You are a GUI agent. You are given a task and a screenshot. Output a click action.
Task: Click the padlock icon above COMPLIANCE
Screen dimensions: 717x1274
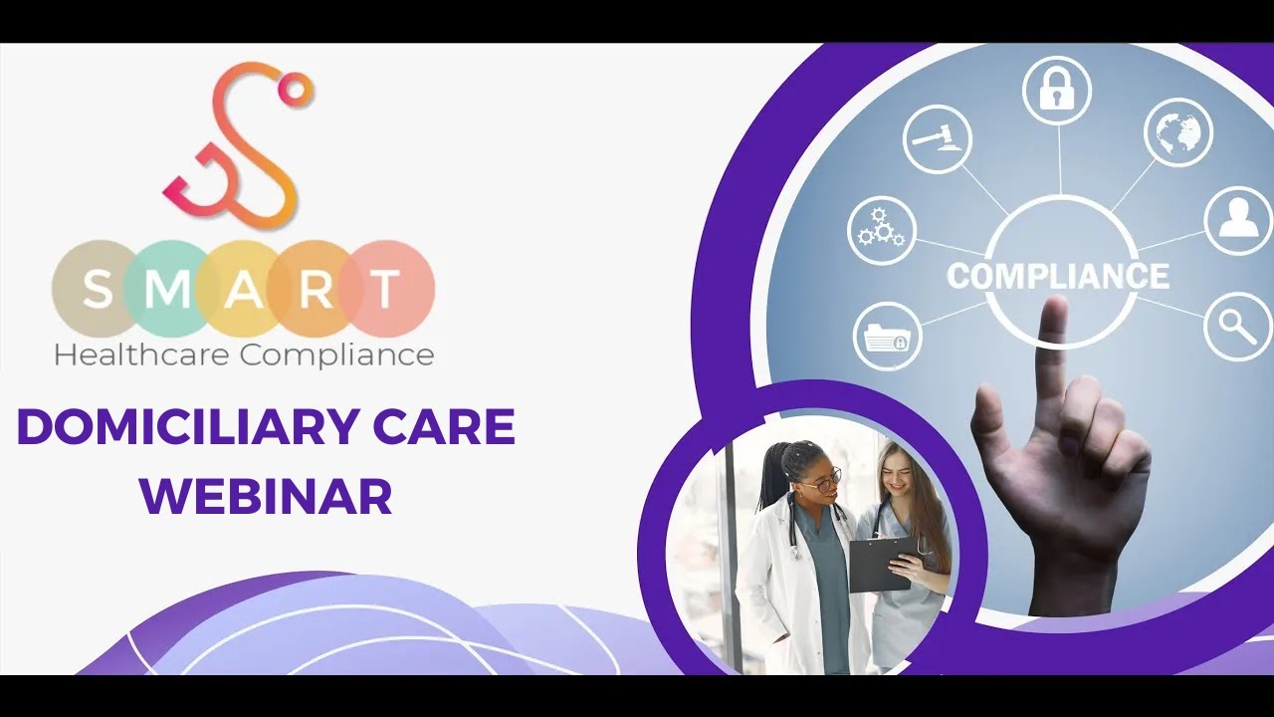pos(1056,90)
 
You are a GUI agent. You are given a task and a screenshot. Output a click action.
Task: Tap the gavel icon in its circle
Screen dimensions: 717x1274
pos(938,138)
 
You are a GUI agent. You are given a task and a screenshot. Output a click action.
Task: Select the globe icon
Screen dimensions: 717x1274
pos(1177,131)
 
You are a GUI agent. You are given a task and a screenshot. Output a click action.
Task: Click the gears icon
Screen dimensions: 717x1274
pos(881,230)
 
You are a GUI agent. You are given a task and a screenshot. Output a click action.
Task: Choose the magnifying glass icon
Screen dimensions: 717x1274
pos(1237,326)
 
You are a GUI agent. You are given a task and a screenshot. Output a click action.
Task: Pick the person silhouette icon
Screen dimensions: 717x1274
pos(1238,220)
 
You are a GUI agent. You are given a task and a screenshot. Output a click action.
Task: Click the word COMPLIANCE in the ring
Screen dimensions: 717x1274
pos(1058,276)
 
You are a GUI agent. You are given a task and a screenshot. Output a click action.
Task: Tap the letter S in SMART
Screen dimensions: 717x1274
pos(98,290)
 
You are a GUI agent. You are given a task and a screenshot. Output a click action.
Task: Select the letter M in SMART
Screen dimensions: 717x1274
pos(170,290)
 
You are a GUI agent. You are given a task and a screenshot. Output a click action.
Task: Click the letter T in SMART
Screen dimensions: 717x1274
pos(384,290)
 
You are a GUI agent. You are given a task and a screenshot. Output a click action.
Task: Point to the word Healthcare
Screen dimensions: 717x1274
pos(140,355)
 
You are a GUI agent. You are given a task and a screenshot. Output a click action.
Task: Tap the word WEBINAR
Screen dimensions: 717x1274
pos(266,497)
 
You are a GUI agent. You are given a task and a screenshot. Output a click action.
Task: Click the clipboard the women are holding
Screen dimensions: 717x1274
pos(882,563)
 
